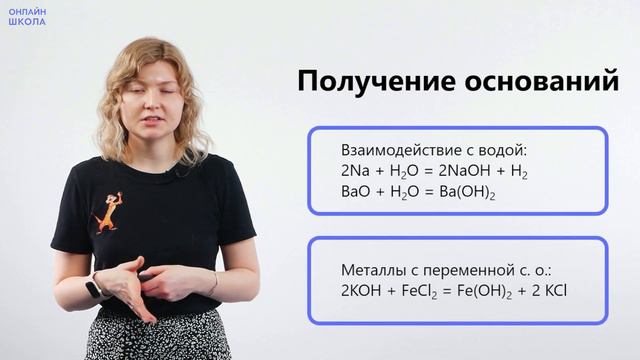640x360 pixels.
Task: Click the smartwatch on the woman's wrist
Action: (94, 288)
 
